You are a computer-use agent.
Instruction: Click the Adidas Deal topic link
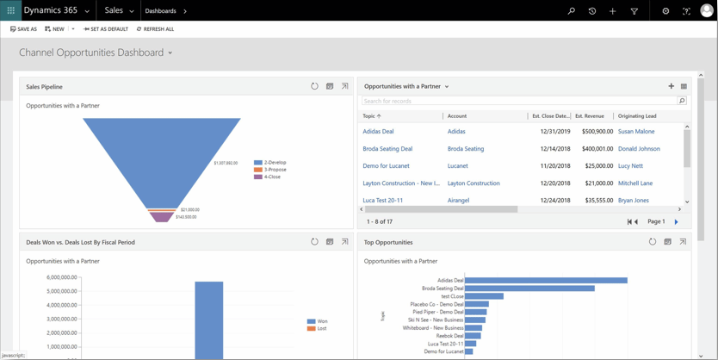pos(378,132)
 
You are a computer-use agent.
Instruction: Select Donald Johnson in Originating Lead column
pos(639,149)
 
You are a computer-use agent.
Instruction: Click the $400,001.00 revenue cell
pos(591,149)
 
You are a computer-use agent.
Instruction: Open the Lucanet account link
pos(458,166)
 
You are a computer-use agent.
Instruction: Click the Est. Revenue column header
pos(590,115)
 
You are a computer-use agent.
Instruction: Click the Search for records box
pos(518,101)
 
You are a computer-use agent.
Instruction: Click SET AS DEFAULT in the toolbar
pos(106,29)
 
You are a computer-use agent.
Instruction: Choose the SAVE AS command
pos(23,29)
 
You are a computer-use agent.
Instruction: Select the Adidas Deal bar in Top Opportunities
pos(546,280)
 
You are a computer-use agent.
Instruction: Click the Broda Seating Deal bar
pos(529,289)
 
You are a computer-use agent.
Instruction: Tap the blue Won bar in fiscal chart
pos(209,319)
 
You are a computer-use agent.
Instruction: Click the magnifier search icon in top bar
pos(571,11)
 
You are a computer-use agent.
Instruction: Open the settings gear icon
pos(665,11)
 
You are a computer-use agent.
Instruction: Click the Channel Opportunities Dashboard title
pos(91,53)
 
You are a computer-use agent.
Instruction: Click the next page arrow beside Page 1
pos(677,222)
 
